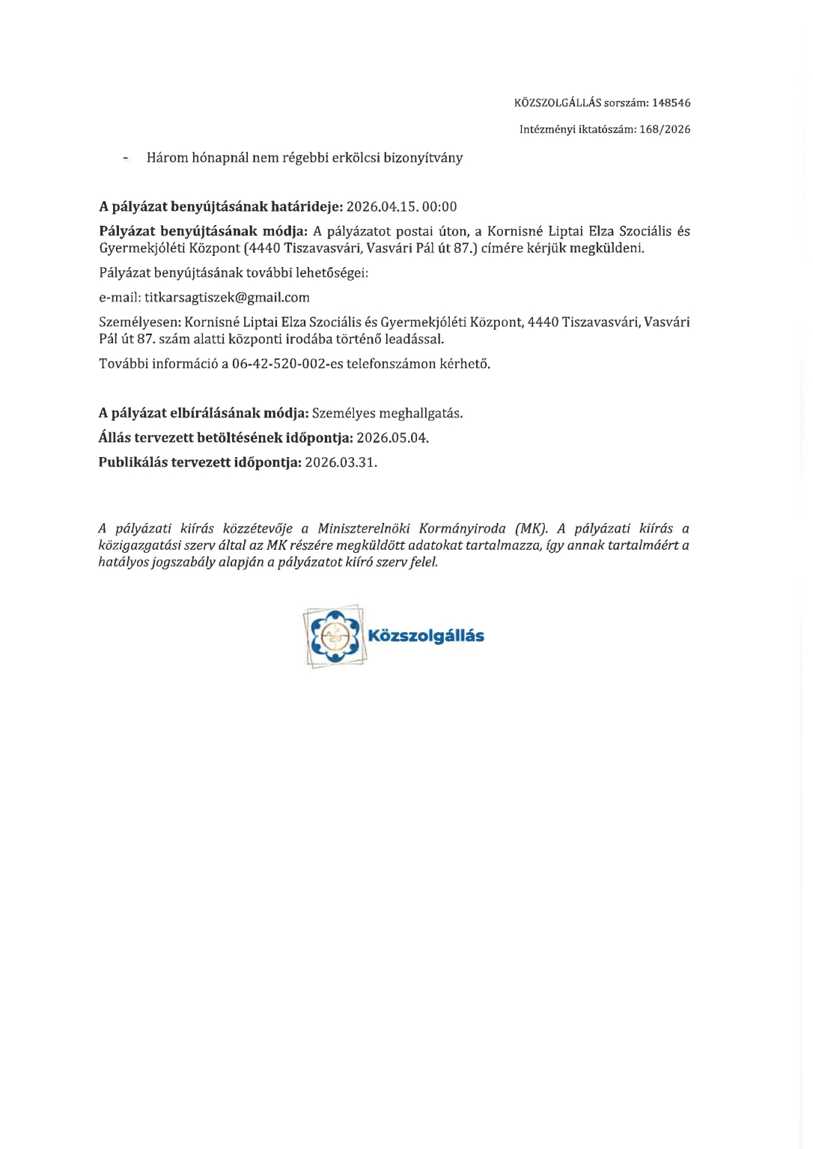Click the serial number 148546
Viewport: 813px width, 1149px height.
[x=672, y=103]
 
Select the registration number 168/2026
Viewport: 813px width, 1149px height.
[x=665, y=129]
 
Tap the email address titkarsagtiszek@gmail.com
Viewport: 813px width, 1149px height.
[x=227, y=298]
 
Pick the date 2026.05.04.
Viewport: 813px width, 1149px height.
[x=392, y=438]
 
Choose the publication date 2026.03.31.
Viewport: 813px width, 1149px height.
[x=341, y=463]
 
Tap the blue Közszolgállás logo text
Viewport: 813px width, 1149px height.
[x=426, y=637]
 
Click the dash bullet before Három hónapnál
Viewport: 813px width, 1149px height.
[x=127, y=159]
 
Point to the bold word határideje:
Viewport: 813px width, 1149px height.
[x=307, y=207]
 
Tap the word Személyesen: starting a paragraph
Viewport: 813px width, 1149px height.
[x=139, y=322]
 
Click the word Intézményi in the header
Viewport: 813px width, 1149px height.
[x=547, y=129]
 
